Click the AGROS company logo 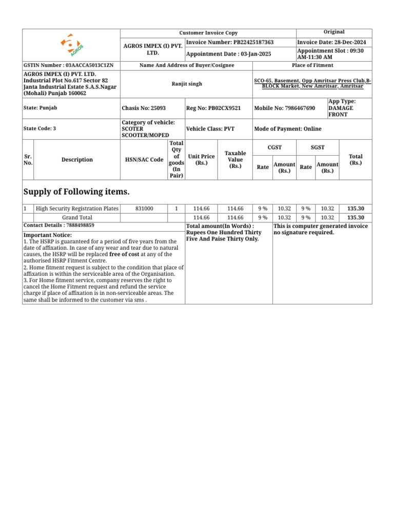click(x=71, y=45)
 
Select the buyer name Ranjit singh click(x=187, y=84)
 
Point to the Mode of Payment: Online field click(x=288, y=129)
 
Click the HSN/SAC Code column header click(x=144, y=160)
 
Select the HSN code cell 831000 click(x=144, y=209)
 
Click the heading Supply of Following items click(x=76, y=192)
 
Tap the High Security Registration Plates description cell click(x=77, y=209)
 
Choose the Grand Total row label click(x=77, y=218)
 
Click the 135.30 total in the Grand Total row click(x=356, y=218)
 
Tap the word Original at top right click(x=334, y=32)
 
